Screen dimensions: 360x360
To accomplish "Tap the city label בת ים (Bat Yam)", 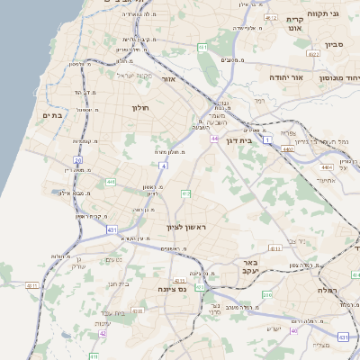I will [50, 115].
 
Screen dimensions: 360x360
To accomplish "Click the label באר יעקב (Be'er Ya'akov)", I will [248, 266].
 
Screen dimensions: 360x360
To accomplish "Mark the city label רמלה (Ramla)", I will [326, 290].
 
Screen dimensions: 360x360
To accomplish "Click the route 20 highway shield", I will [78, 160].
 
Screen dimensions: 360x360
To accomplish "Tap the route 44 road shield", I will [214, 139].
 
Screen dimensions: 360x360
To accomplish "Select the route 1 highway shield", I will [268, 140].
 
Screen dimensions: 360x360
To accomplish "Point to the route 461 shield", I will [202, 47].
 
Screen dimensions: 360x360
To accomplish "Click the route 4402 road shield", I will [289, 149].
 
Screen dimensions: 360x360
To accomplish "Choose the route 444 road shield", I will [110, 182].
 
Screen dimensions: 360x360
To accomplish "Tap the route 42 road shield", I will [103, 333].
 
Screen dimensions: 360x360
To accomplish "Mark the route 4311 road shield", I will [32, 286].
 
